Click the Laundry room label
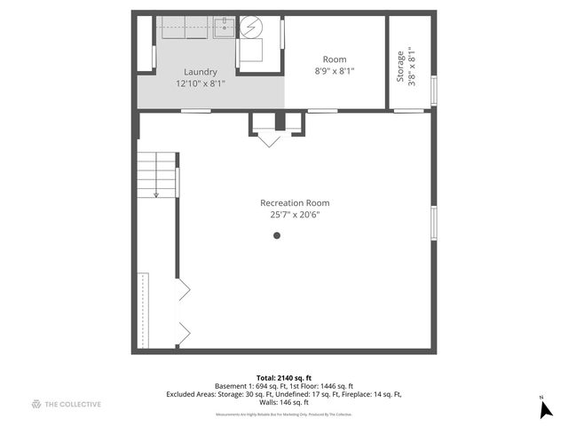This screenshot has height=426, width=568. click(x=200, y=72)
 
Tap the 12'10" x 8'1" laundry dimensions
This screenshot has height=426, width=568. click(x=200, y=83)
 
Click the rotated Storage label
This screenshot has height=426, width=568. click(x=400, y=66)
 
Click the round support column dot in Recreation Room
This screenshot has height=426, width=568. click(x=277, y=235)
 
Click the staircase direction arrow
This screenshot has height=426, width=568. click(x=156, y=193)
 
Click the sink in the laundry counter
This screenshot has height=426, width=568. click(x=225, y=26)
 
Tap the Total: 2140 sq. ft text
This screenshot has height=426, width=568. click(x=284, y=377)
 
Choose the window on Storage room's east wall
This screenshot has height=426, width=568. click(x=434, y=90)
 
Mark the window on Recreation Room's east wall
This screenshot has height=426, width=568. click(x=434, y=222)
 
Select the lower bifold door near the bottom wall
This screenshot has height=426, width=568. click(x=185, y=334)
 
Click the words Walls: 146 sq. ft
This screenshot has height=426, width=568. click(x=283, y=403)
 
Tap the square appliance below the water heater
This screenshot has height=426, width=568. click(x=252, y=53)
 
